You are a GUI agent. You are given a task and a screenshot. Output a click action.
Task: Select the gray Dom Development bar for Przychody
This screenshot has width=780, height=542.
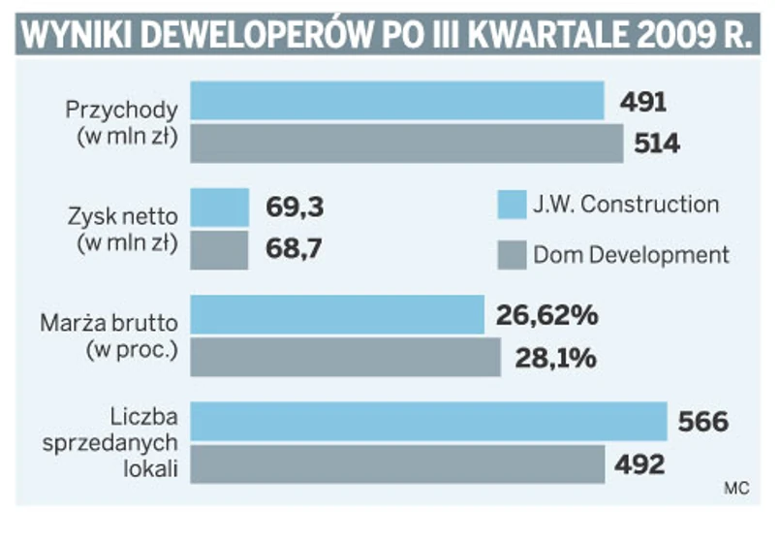click(407, 143)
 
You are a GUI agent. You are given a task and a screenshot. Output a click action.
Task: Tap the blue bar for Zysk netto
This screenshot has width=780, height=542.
click(219, 207)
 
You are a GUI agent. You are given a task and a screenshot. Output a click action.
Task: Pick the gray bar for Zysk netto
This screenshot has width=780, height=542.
click(219, 249)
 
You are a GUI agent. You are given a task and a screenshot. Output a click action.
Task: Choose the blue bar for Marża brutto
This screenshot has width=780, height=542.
click(337, 315)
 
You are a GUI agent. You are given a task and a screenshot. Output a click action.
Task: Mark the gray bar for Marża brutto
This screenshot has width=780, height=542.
click(345, 357)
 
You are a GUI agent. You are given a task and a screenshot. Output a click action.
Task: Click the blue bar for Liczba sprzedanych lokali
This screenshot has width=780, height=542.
click(429, 421)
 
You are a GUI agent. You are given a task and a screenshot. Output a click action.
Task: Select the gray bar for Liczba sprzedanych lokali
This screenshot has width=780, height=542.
click(398, 463)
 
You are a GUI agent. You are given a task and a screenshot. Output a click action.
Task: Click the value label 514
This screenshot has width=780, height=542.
click(659, 144)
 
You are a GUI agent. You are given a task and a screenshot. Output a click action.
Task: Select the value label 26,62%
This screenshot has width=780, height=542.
click(546, 316)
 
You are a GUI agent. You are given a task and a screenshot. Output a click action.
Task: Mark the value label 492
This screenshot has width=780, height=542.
click(640, 464)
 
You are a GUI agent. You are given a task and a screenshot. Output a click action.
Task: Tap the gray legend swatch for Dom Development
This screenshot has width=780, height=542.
click(510, 256)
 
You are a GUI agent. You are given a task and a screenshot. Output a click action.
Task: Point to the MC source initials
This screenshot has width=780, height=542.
click(736, 489)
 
